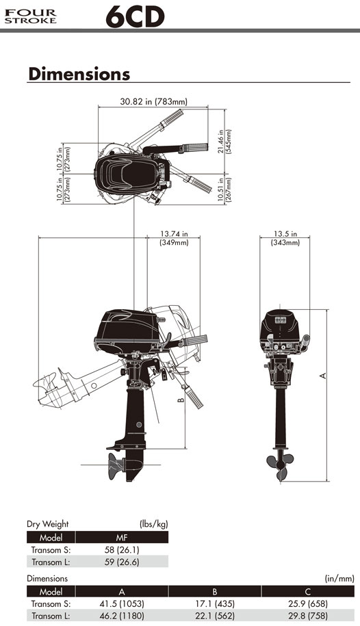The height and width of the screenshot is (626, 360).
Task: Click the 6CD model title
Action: coord(135,17)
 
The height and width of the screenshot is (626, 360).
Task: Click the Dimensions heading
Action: coord(79,74)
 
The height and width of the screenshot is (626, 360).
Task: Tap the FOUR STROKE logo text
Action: coord(30,16)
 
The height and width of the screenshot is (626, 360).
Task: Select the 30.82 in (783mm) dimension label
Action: coord(153,101)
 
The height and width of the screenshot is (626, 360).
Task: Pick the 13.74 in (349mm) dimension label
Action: coord(175,238)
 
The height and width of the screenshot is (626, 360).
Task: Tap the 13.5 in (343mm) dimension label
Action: coord(285,238)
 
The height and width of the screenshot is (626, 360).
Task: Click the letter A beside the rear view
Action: coord(323,376)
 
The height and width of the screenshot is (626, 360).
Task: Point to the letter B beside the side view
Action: coord(181,398)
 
